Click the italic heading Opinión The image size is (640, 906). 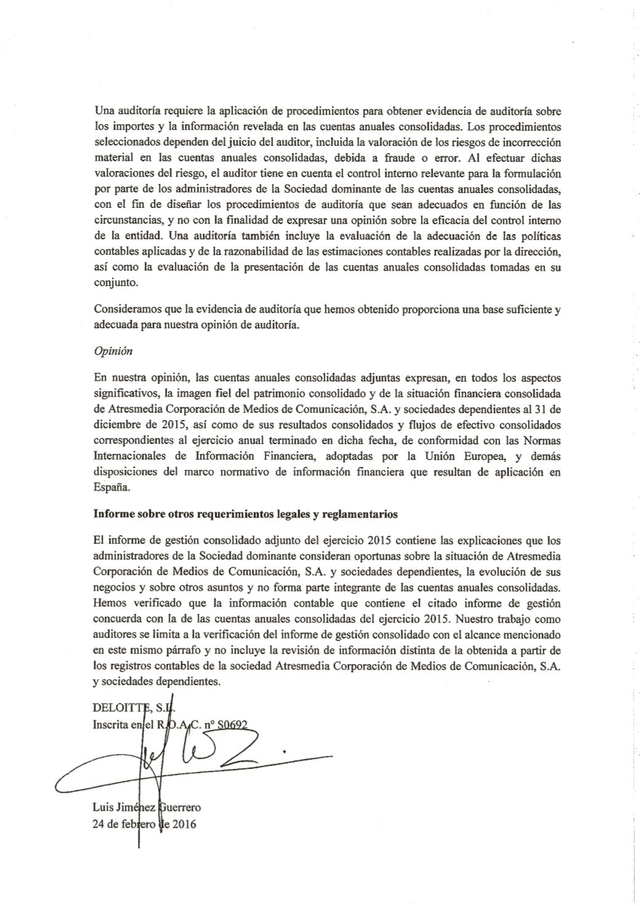click(113, 351)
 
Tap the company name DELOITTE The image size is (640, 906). click(117, 708)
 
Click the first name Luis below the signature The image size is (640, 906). click(102, 808)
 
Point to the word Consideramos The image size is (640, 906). click(125, 310)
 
